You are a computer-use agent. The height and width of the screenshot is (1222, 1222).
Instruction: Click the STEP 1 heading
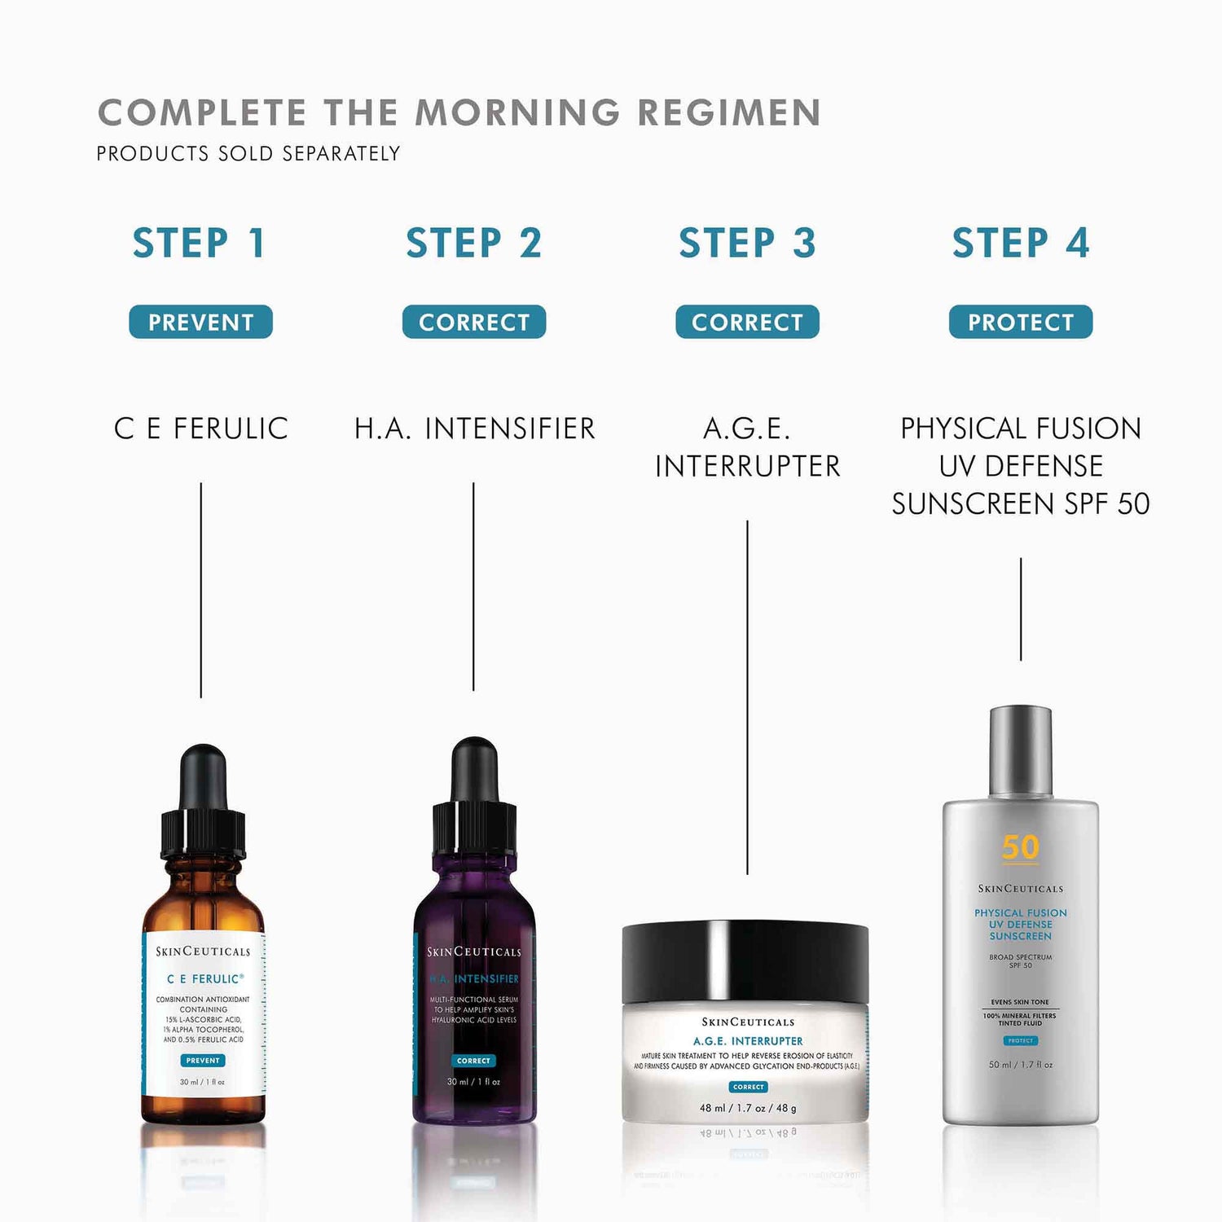(200, 243)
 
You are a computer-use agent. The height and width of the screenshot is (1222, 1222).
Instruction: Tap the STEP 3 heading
(747, 243)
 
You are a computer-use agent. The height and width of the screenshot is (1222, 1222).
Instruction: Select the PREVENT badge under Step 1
(200, 322)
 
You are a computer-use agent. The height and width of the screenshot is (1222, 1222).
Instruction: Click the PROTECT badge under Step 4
(1020, 322)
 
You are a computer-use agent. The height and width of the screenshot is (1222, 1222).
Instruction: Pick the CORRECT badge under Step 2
(473, 322)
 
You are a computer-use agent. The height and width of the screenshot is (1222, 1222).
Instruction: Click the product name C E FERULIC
(201, 429)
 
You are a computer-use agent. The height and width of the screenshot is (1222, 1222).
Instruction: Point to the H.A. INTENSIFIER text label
(474, 429)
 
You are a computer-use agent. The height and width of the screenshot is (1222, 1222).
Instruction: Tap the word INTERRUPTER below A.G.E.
(747, 466)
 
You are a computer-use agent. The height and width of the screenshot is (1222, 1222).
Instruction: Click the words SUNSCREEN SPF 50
(1020, 503)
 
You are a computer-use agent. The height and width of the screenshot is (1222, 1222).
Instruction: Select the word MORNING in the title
(518, 112)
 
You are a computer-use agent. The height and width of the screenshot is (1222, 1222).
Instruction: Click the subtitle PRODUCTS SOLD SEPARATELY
(248, 153)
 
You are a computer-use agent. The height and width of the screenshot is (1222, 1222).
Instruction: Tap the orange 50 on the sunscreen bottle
(1020, 847)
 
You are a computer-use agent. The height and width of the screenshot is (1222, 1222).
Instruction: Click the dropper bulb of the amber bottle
(203, 774)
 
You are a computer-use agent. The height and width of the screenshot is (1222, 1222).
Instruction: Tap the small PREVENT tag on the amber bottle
(203, 1060)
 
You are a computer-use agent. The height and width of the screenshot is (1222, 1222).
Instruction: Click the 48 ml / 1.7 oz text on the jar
(748, 1108)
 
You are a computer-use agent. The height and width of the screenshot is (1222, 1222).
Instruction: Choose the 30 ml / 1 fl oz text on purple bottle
(473, 1082)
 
